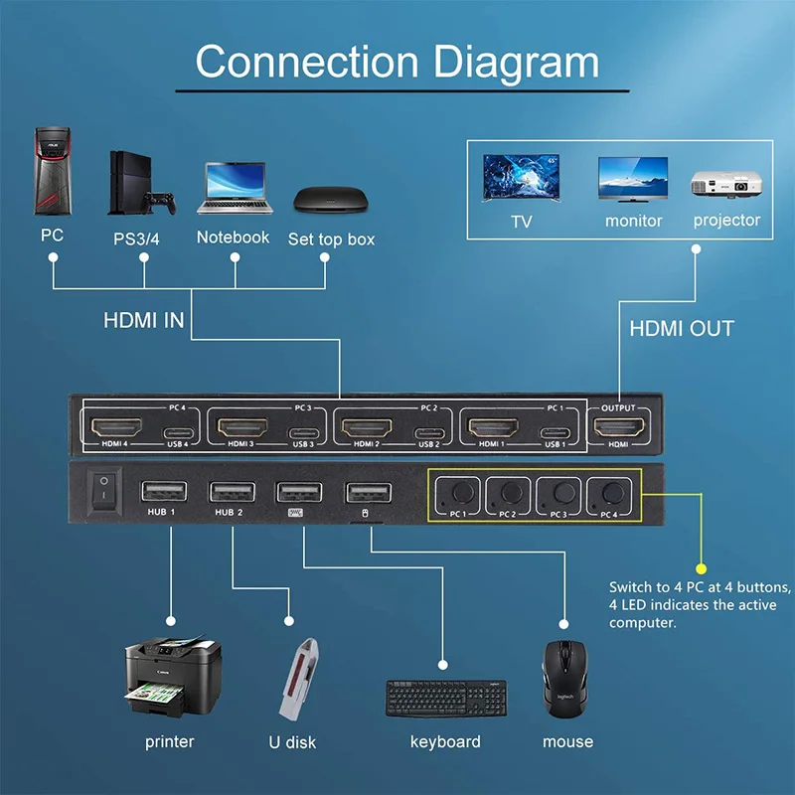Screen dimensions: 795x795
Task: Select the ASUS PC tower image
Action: [52, 170]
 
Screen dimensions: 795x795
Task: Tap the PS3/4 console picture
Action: [138, 183]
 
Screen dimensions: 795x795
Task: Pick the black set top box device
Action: [329, 198]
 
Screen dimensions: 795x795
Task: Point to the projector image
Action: [725, 183]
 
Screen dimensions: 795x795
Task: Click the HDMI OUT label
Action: [682, 328]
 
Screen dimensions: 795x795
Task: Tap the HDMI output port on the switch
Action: [618, 428]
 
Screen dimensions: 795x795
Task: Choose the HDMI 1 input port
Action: [494, 428]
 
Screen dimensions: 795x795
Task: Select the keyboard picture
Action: [445, 698]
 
